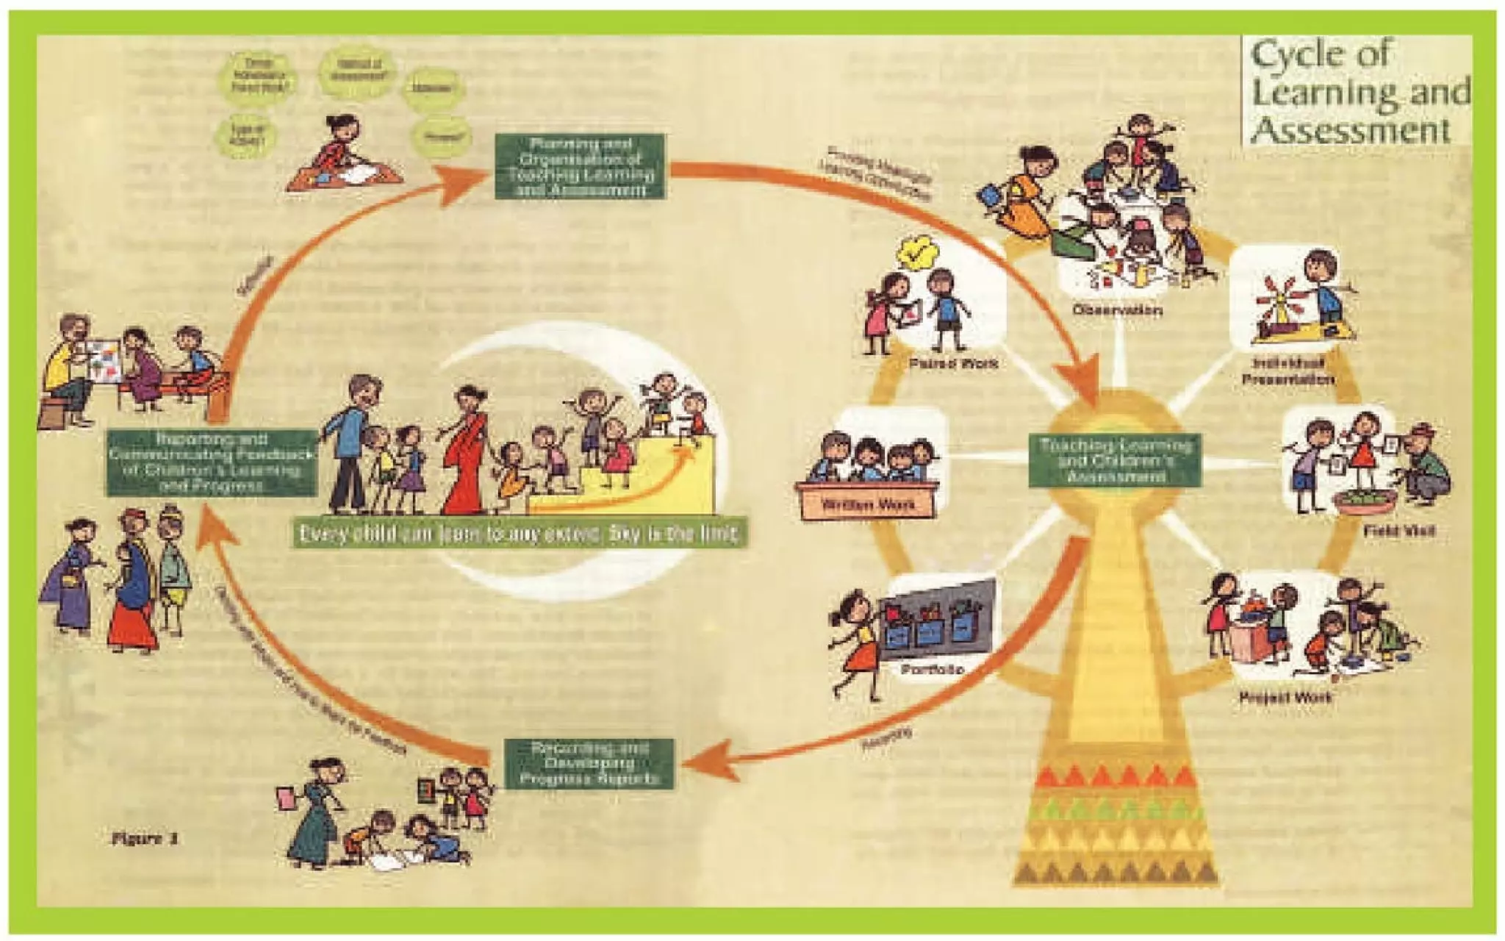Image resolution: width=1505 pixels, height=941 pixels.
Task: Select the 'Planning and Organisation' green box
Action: click(581, 166)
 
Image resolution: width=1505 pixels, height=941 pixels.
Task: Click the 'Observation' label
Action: click(1117, 310)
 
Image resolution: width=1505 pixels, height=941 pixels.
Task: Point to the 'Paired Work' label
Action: click(953, 363)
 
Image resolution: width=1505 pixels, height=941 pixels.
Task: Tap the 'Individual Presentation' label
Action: click(1287, 372)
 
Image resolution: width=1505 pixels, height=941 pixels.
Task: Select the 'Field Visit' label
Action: click(1398, 531)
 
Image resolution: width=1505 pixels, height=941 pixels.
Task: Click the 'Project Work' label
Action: click(1285, 697)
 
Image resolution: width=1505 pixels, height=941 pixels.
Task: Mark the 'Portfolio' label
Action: click(933, 670)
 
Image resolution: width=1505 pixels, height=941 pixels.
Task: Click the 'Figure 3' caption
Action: click(145, 839)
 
